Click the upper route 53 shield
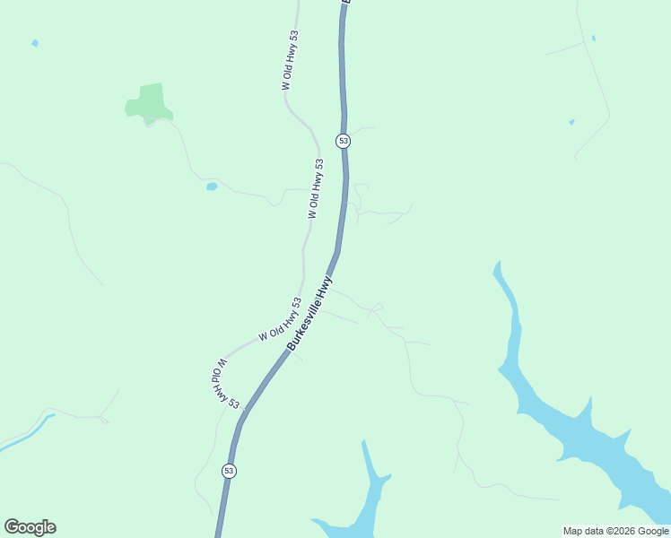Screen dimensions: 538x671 pyautogui.click(x=343, y=141)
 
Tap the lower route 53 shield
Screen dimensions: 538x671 pyautogui.click(x=230, y=471)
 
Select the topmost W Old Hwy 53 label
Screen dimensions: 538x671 pyautogui.click(x=290, y=60)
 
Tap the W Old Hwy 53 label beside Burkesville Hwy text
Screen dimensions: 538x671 pyautogui.click(x=280, y=320)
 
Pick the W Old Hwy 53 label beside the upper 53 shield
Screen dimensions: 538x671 pyautogui.click(x=315, y=188)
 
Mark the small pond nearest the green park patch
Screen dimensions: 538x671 pyautogui.click(x=212, y=187)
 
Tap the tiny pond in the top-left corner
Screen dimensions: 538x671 pyautogui.click(x=35, y=43)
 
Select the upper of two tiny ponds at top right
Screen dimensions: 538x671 pyautogui.click(x=593, y=39)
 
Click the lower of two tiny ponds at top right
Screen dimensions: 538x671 pyautogui.click(x=571, y=122)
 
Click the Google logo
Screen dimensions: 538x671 pyautogui.click(x=30, y=527)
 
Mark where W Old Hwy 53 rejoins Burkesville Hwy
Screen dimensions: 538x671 pyautogui.click(x=242, y=408)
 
